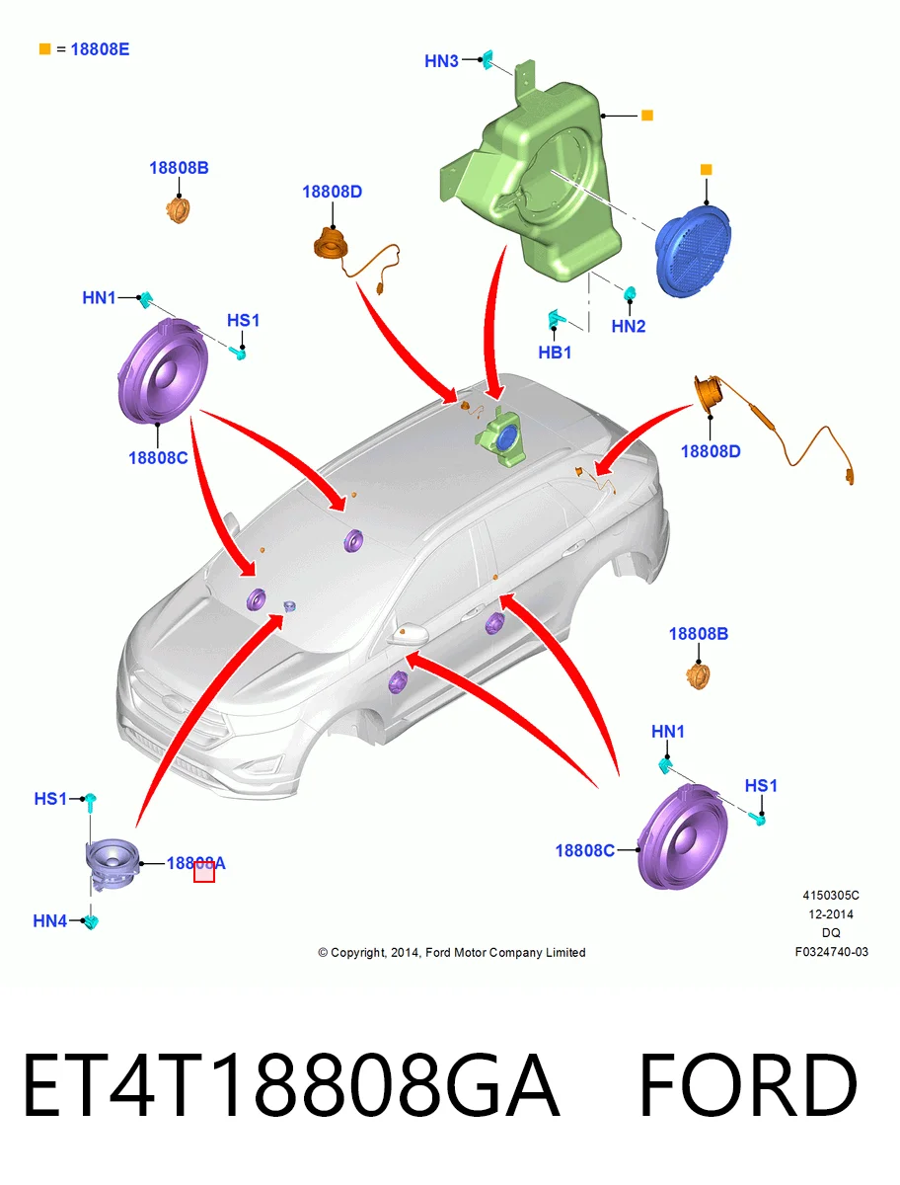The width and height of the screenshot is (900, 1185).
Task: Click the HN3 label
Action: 441,61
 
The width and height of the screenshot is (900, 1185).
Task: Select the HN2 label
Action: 629,326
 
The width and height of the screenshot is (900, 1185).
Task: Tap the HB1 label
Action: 555,353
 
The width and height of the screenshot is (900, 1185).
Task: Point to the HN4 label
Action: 49,921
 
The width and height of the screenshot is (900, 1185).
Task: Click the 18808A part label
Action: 195,863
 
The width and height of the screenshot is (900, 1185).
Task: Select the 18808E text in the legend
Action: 100,49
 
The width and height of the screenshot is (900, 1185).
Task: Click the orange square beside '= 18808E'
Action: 44,49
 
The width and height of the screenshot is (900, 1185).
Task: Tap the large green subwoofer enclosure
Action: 531,173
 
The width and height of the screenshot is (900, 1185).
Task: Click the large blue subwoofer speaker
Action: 693,251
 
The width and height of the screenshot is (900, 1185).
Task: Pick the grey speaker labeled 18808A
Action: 112,864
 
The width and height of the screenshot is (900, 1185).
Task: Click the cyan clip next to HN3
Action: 487,59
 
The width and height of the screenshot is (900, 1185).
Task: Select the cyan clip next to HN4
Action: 91,922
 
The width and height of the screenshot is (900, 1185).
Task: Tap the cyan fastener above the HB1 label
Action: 555,319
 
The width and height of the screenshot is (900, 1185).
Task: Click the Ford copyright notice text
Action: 452,952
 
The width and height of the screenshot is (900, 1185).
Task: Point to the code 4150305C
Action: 831,896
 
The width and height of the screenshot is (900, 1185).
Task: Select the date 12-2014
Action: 831,914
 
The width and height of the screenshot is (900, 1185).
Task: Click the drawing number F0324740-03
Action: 832,952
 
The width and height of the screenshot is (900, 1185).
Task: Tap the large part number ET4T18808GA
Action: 291,1085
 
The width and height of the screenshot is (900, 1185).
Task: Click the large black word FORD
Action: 748,1085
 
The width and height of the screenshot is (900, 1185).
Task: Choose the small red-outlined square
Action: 204,872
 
